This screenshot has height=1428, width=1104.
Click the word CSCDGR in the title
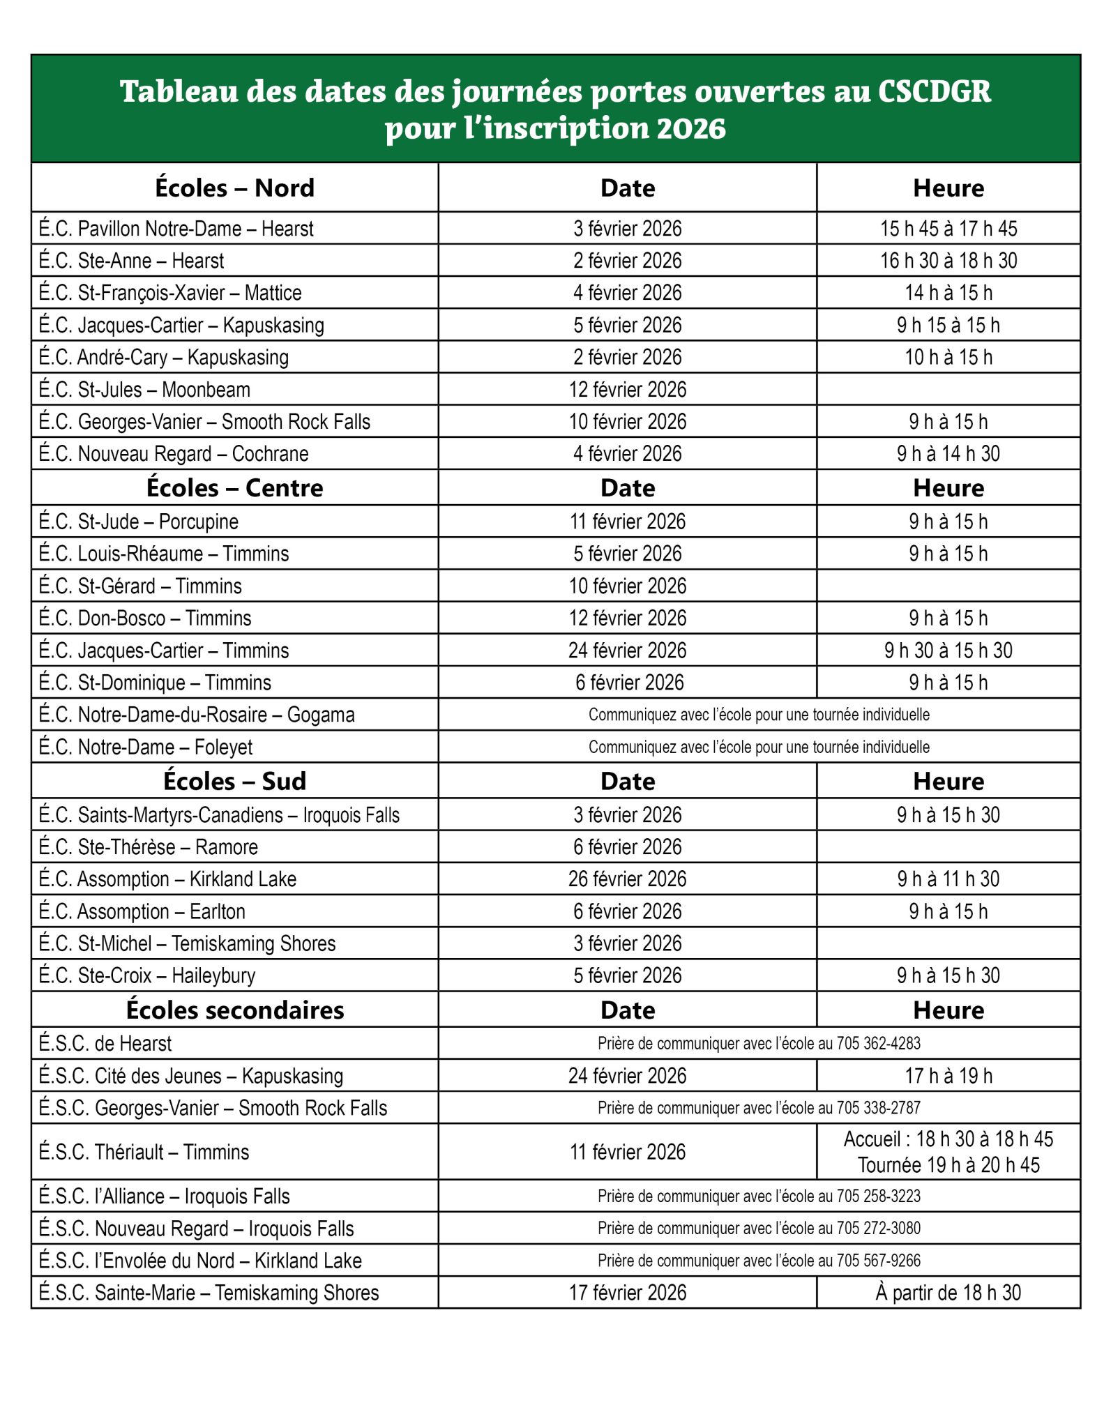(x=934, y=91)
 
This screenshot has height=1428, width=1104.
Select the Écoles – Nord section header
(x=234, y=188)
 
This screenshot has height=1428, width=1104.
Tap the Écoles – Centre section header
(x=234, y=487)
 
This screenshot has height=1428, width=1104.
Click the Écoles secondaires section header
(x=234, y=1010)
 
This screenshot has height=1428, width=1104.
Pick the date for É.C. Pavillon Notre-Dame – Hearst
(x=627, y=228)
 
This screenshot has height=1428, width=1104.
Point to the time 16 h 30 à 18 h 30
(x=948, y=260)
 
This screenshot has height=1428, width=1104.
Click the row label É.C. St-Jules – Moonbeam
(x=144, y=389)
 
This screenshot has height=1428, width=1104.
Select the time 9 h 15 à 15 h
(x=948, y=325)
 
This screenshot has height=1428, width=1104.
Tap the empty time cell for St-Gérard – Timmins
(x=948, y=586)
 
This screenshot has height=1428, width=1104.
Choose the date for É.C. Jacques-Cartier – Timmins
(x=627, y=650)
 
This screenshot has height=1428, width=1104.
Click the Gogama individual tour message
(x=759, y=715)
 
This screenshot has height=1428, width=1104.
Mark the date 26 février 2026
(x=627, y=879)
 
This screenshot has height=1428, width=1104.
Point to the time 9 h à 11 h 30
(x=948, y=879)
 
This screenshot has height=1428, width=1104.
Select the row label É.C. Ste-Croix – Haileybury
(x=147, y=975)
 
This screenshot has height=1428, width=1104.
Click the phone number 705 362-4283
(x=878, y=1043)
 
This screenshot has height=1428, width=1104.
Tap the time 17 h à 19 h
(x=948, y=1075)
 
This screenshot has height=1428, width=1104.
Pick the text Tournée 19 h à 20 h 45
(x=948, y=1164)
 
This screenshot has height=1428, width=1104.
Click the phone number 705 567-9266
(x=878, y=1260)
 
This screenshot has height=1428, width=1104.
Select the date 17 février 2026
(x=627, y=1292)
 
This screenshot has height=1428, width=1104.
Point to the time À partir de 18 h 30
(x=948, y=1292)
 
